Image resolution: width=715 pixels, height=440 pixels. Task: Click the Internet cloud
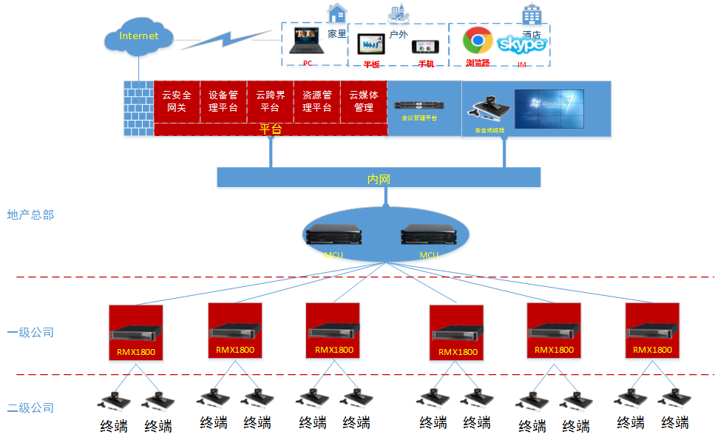tap(139, 36)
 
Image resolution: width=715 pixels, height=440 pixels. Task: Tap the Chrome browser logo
tap(478, 40)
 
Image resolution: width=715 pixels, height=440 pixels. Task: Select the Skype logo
tap(522, 44)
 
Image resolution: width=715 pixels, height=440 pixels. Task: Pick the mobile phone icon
tap(426, 47)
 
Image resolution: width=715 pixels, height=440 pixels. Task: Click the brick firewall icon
tap(138, 108)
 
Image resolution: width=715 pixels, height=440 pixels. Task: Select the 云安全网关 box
tap(177, 101)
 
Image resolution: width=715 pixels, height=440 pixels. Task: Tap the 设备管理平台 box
tap(223, 101)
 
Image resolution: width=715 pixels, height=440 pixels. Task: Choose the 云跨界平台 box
tap(270, 101)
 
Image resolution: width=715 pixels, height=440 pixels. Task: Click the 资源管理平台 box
tap(316, 101)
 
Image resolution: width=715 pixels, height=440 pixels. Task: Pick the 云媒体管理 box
tap(364, 101)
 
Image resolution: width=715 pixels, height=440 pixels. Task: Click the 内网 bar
tap(379, 177)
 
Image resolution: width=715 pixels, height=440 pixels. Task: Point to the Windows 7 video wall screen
tap(549, 109)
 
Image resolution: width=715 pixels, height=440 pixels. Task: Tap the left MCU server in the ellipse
tap(334, 235)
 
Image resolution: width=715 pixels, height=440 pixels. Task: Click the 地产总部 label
tap(30, 215)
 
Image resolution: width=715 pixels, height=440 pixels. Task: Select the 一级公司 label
tap(30, 333)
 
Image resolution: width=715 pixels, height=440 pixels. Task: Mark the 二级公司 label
tap(30, 407)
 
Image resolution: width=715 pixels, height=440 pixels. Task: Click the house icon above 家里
tap(337, 13)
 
